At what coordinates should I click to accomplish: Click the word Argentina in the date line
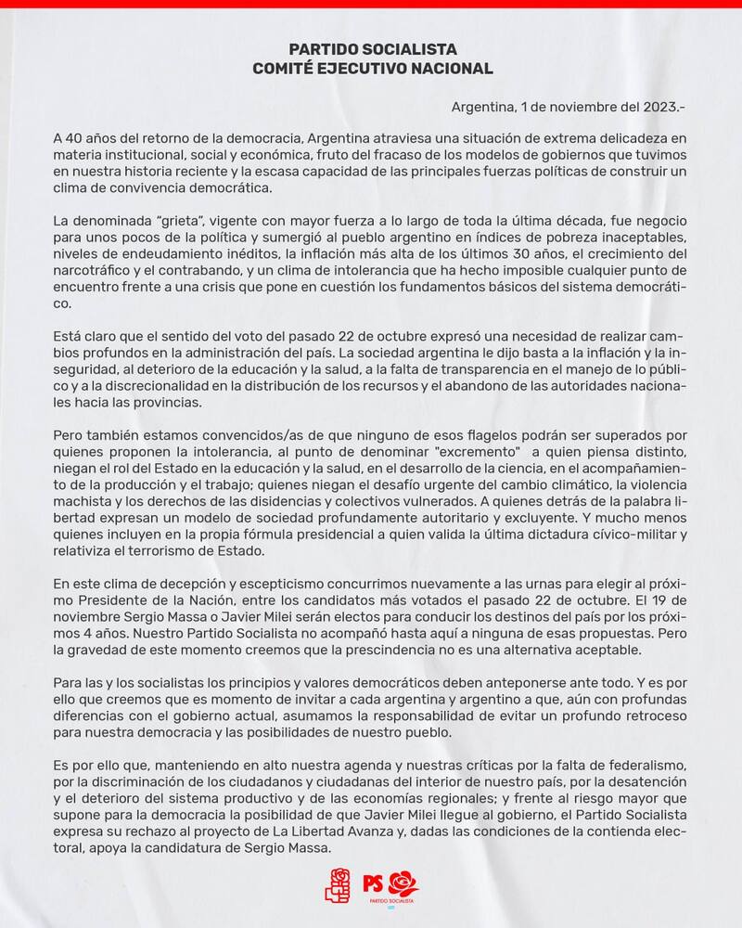click(480, 107)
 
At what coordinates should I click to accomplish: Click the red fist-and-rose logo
click(338, 885)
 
